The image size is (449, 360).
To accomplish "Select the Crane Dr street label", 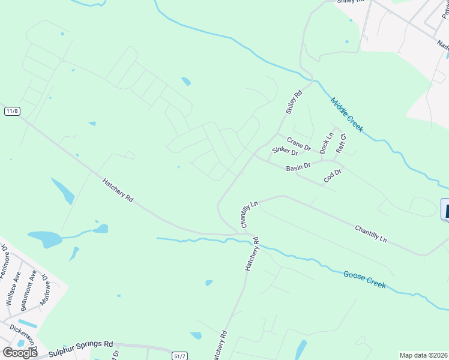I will (x=298, y=144).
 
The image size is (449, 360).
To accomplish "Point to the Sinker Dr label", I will (x=285, y=151).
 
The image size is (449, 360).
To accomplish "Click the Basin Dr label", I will (x=298, y=167).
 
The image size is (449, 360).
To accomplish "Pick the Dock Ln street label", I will (x=327, y=143).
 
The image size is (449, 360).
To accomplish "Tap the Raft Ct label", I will (x=340, y=144).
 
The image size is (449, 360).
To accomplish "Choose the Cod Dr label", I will (x=332, y=176).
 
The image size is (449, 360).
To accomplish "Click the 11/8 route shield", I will (x=12, y=111).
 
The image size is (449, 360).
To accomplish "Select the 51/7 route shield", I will (x=179, y=355).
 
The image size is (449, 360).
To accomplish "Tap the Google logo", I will (x=19, y=353).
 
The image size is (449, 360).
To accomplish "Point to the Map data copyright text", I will (x=423, y=355).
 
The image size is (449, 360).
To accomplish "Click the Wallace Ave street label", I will (x=13, y=287).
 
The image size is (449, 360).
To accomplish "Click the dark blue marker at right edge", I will (x=445, y=210).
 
